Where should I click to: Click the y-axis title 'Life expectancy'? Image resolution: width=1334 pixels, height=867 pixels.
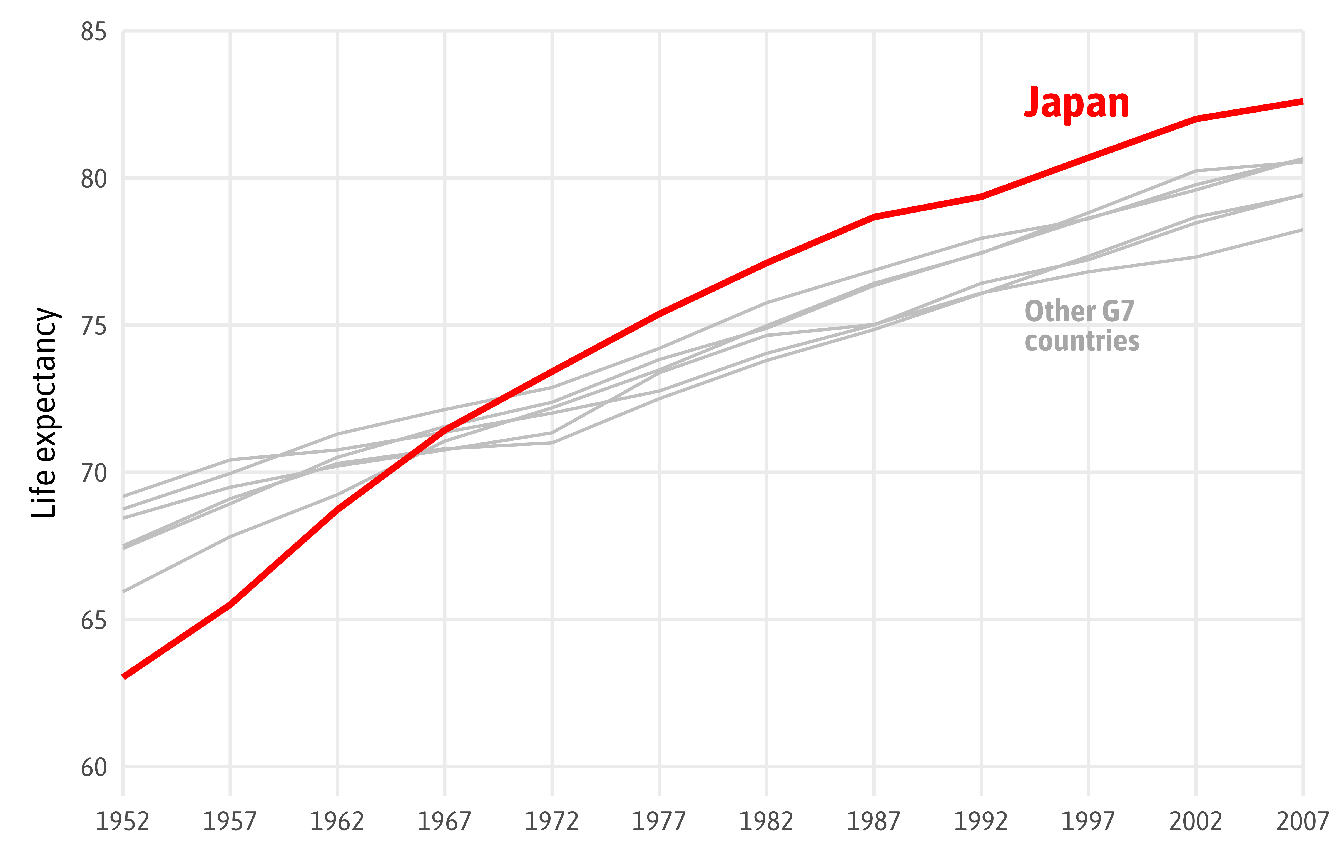click(x=45, y=412)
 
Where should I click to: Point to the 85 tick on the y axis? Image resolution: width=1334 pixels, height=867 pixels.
click(x=94, y=32)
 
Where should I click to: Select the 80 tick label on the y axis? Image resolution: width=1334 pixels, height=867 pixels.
click(x=94, y=179)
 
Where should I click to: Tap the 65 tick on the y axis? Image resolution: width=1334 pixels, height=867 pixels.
click(x=94, y=620)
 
